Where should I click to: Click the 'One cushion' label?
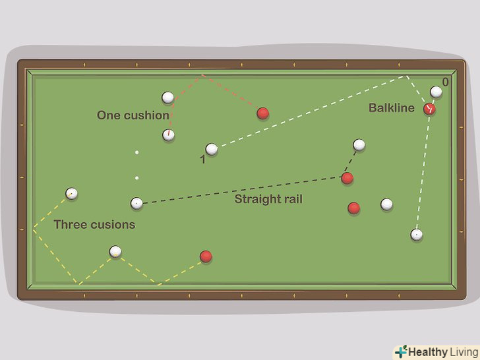[133, 115]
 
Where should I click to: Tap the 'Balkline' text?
[391, 107]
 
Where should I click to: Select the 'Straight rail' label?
[268, 198]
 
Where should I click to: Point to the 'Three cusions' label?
[94, 224]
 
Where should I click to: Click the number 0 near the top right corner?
[446, 82]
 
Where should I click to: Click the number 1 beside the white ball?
[202, 160]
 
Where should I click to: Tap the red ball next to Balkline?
[430, 109]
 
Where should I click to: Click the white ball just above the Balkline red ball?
[436, 92]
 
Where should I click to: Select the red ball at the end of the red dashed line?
[262, 113]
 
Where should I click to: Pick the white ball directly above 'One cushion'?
[168, 98]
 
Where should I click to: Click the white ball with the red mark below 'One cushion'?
[169, 135]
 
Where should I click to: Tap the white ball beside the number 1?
[212, 150]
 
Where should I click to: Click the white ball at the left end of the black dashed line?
[136, 203]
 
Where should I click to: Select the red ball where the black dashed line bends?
[347, 178]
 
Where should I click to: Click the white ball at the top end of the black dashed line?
[359, 144]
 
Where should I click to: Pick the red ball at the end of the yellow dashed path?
[206, 256]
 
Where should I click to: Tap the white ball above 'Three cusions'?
[71, 194]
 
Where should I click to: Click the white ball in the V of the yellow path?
[116, 251]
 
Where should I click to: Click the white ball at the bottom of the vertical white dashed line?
[417, 234]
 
